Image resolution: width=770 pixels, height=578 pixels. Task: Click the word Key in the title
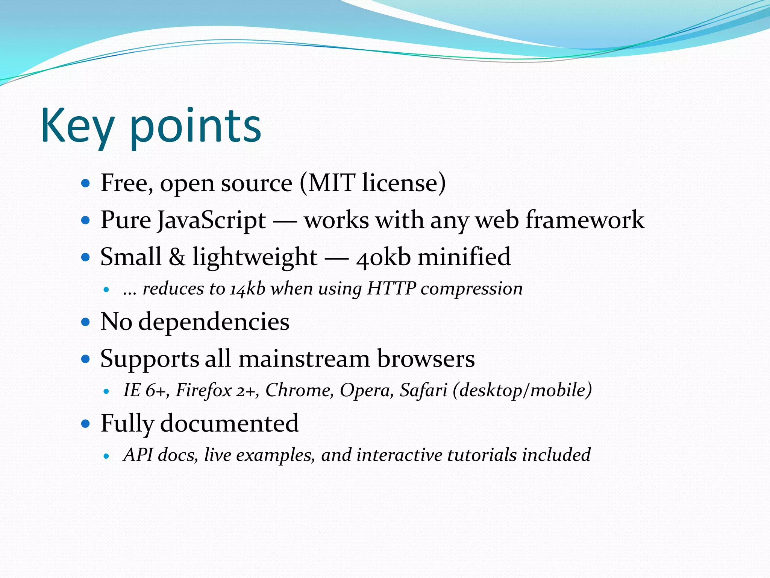point(77,126)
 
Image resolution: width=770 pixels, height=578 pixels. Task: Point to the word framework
point(585,220)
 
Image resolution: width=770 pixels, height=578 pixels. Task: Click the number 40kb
point(383,257)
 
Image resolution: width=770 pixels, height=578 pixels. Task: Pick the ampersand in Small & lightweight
point(177,257)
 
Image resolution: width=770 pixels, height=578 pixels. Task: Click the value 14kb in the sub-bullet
point(248,289)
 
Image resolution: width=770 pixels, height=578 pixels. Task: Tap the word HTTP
point(391,289)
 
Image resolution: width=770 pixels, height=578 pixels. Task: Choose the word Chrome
point(299,390)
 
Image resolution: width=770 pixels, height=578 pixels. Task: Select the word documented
point(229,423)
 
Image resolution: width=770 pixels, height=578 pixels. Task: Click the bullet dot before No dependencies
point(86,322)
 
